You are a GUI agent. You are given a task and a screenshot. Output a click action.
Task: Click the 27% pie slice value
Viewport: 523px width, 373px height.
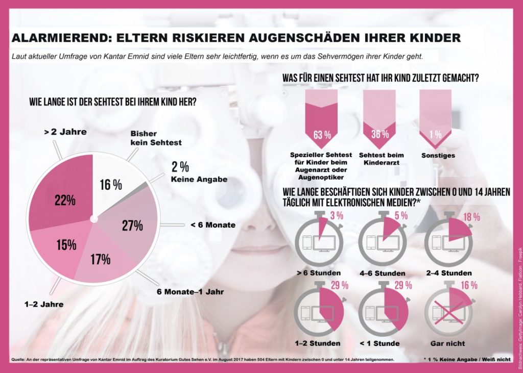coord(132,226)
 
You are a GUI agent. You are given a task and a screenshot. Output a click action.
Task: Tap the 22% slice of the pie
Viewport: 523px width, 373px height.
coord(65,200)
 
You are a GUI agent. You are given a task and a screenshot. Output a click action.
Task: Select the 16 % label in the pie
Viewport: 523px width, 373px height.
coord(111,185)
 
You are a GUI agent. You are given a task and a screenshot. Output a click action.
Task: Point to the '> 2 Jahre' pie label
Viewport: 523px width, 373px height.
coord(65,132)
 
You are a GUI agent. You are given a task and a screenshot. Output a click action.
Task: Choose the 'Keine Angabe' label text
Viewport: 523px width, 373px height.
coord(199,179)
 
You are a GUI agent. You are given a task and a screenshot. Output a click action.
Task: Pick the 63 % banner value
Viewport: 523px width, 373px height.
coord(322,135)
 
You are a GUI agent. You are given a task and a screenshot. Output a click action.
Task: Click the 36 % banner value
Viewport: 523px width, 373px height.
coord(379,135)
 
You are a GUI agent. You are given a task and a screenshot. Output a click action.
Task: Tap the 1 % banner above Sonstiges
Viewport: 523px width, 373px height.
coord(436,135)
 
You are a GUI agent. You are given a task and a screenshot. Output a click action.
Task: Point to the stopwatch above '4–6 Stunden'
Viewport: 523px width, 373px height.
coord(382,240)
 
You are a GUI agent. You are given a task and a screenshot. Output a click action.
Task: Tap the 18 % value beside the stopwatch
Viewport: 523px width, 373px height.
coord(470,217)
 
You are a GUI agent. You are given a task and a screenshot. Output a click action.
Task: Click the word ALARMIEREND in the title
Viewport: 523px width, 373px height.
coord(58,38)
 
